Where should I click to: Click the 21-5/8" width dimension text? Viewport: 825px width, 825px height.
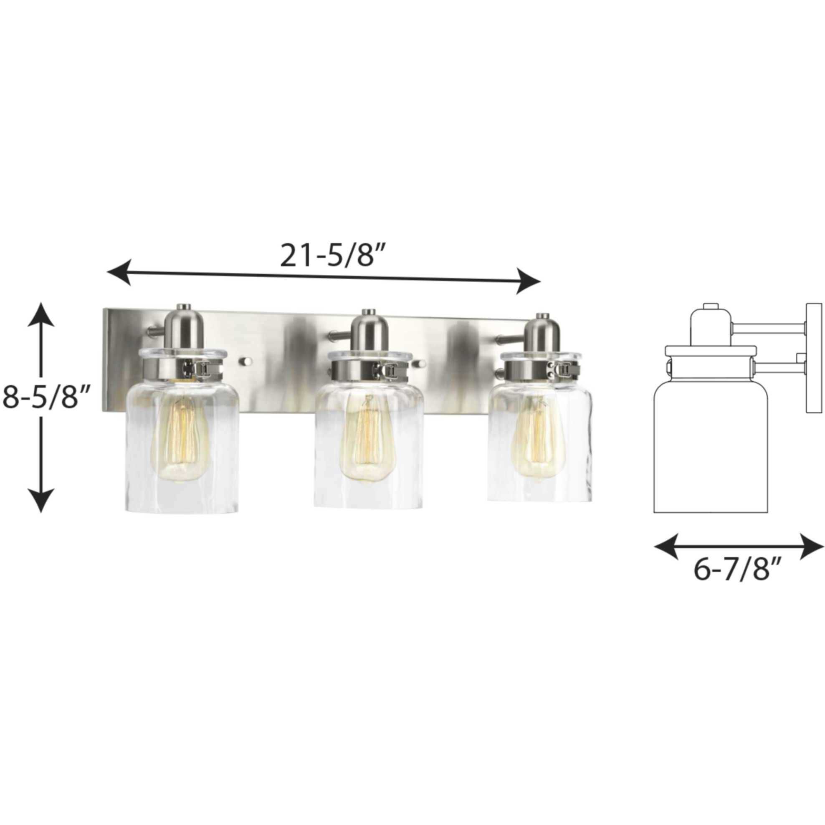click(326, 256)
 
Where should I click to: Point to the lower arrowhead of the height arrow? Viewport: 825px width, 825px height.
click(41, 500)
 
